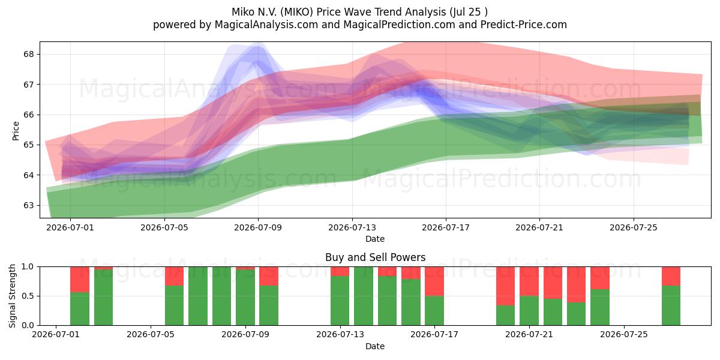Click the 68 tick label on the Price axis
28,54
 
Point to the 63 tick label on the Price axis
28,205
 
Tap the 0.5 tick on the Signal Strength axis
28,296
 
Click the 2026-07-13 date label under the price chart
352,227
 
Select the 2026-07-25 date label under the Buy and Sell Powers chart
624,335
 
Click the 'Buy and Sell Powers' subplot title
375,257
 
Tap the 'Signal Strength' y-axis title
12,296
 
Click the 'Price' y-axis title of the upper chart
16,131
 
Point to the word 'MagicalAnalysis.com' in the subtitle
266,25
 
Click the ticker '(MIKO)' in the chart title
296,12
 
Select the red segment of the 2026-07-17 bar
434,281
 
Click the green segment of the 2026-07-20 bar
505,316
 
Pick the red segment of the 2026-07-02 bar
80,280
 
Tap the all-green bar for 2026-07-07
198,296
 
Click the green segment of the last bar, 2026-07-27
671,305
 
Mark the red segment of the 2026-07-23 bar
577,284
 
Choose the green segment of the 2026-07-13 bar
340,301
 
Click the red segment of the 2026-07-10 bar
269,276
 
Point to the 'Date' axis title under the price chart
375,239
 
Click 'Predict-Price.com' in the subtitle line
524,25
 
